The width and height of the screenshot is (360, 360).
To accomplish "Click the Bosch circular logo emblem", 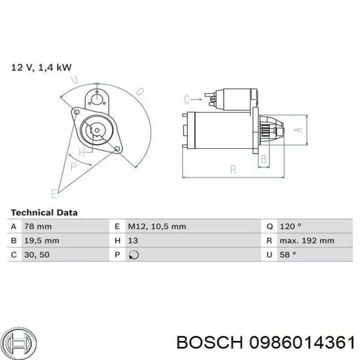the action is (20, 344).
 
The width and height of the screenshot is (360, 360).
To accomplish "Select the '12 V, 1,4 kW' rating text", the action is (41, 67).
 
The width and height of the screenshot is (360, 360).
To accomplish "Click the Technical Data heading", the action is (44, 212).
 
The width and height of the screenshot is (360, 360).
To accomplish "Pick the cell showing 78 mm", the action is (38, 226).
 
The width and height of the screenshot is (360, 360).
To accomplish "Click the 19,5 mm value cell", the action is (42, 241).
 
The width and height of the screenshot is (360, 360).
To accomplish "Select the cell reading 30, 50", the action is (37, 255).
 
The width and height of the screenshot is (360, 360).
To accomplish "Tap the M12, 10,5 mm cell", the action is (157, 226).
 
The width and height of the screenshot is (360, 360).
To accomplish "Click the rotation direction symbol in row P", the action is (134, 255).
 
